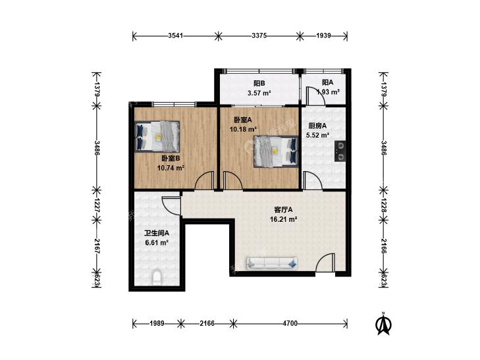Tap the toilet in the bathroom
tap(157, 276)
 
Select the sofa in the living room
tap(272, 263)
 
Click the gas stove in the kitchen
tap(340, 151)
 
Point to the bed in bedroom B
tap(157, 136)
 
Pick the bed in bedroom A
tap(276, 151)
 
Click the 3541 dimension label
tap(175, 36)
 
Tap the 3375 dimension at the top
tap(259, 36)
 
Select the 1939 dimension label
tap(323, 36)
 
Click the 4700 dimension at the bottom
tap(290, 323)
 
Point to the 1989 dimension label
tap(157, 323)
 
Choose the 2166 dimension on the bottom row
tap(207, 323)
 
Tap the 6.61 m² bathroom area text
tap(157, 243)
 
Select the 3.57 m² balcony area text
tap(259, 93)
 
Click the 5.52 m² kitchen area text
tap(317, 135)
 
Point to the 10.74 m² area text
tap(171, 168)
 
